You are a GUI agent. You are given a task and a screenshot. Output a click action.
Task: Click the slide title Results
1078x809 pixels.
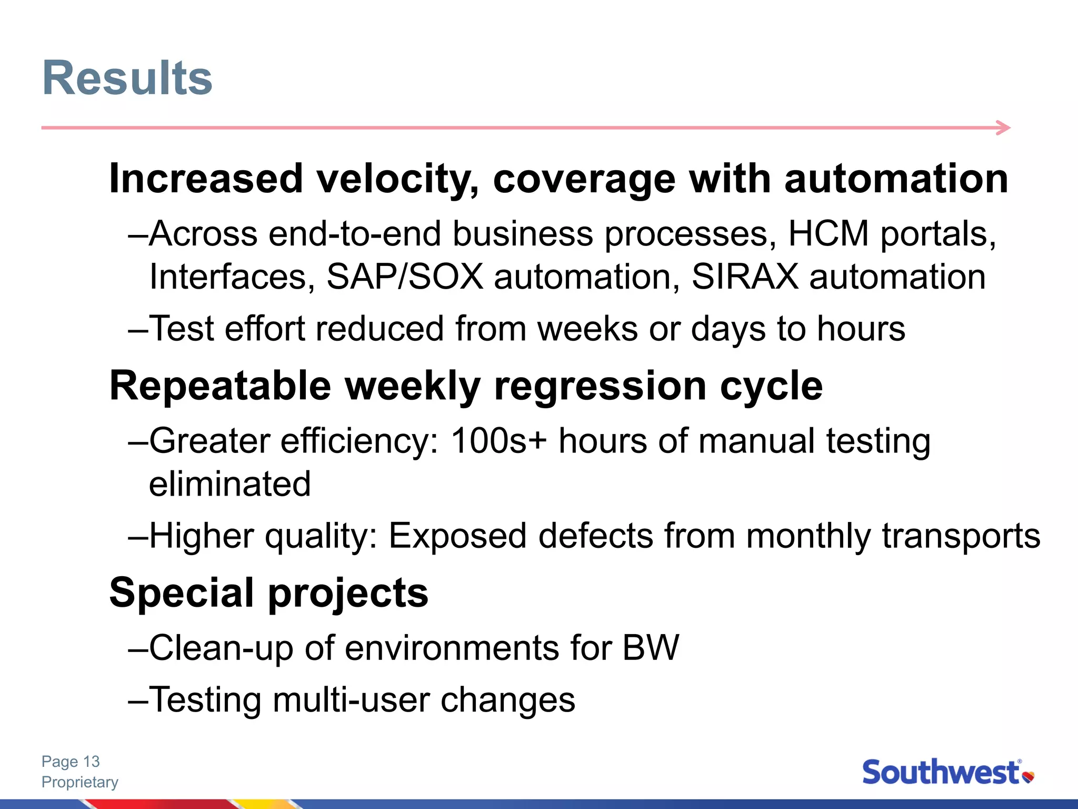(127, 78)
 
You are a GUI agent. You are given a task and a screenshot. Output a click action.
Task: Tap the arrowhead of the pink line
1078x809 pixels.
(1004, 127)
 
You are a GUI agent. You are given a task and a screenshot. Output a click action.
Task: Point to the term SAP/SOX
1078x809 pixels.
(405, 277)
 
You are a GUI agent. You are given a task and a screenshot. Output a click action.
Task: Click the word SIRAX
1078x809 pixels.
(745, 277)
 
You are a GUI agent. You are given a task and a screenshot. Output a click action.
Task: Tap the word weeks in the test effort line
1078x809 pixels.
(587, 329)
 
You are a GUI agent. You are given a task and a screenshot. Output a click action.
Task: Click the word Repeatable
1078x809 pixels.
(220, 386)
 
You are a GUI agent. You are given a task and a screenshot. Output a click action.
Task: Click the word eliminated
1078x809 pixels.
(229, 484)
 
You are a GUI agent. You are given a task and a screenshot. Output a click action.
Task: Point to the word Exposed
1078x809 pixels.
(457, 536)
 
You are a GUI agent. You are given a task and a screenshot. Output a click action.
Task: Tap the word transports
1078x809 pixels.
(961, 536)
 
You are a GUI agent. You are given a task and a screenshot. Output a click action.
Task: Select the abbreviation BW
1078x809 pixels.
(651, 648)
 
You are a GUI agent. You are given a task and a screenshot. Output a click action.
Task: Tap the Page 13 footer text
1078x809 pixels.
(71, 762)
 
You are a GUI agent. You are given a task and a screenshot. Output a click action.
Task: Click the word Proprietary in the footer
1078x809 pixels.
(80, 782)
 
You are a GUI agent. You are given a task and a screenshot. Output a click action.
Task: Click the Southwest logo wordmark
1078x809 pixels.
(941, 773)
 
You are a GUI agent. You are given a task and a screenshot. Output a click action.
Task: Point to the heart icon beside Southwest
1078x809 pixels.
(1028, 776)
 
